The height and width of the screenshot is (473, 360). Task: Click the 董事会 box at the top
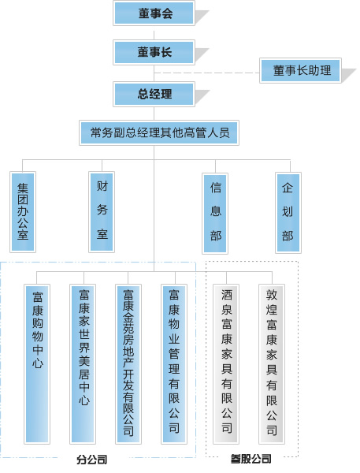[154, 13]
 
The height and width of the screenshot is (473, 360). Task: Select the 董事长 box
[154, 52]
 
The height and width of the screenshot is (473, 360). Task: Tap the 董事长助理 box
[300, 71]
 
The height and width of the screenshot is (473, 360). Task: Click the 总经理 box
[154, 94]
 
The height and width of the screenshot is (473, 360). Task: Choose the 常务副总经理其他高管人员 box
[159, 132]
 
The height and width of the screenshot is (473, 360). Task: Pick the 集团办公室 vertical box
[23, 212]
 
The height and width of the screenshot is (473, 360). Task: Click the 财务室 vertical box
[102, 212]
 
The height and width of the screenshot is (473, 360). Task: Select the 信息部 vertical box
[215, 214]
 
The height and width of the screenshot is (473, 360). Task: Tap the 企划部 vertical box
[288, 213]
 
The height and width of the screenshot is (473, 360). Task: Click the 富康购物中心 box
[37, 364]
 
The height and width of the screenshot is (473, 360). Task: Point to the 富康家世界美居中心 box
[83, 364]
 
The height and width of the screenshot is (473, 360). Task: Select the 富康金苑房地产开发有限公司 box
[128, 364]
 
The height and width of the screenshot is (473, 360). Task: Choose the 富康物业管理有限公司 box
[174, 364]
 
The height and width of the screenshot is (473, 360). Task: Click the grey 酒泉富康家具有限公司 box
[226, 364]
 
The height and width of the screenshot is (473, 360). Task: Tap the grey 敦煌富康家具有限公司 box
[272, 364]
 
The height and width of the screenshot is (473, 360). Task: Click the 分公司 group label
[92, 460]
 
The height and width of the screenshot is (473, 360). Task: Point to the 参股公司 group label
[251, 459]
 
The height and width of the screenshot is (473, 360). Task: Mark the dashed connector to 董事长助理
[207, 73]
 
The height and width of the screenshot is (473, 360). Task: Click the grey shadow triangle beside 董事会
[202, 17]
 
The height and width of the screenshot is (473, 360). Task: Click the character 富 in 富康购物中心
[37, 297]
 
